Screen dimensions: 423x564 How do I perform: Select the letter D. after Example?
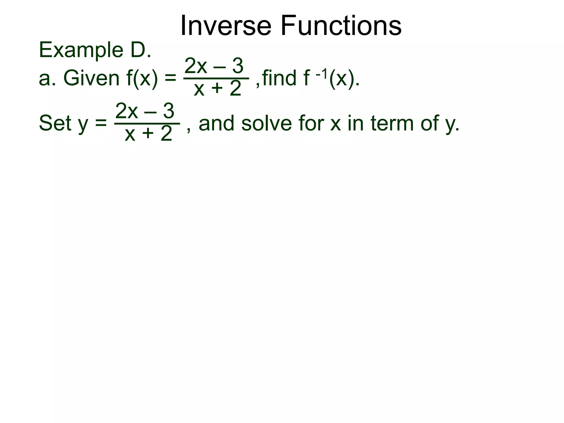tap(141, 50)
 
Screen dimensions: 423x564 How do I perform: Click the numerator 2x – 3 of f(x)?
tap(214, 66)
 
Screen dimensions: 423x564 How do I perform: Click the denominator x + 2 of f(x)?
tap(218, 89)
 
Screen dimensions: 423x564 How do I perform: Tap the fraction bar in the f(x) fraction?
tap(216, 78)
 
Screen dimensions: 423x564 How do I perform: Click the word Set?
tap(55, 123)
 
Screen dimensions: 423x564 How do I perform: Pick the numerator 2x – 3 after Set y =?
tap(145, 111)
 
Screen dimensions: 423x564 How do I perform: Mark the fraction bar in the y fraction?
tap(147, 124)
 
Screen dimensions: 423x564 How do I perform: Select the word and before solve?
tap(216, 123)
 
